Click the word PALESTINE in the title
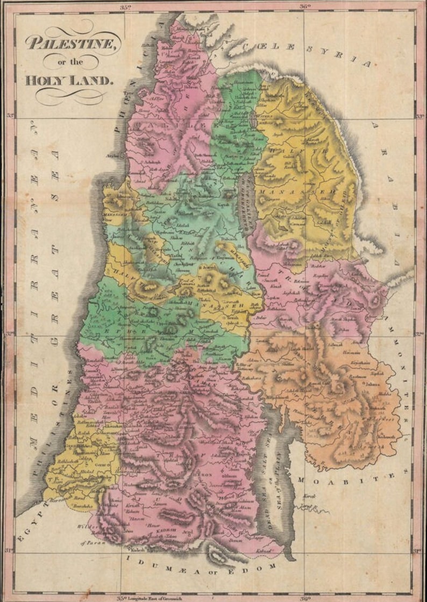(72, 43)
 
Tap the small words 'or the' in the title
(70, 62)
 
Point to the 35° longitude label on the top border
(125, 7)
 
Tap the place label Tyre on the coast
(144, 92)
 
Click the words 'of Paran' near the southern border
(90, 542)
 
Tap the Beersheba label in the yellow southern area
(80, 506)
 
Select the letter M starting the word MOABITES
(302, 479)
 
